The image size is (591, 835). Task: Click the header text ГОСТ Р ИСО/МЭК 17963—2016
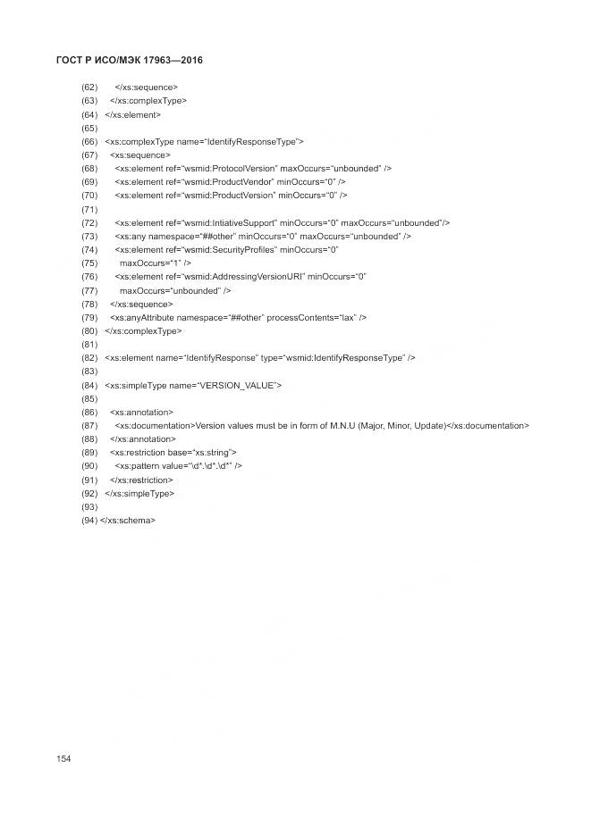(131, 60)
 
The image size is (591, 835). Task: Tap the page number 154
(63, 758)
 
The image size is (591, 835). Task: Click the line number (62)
(89, 88)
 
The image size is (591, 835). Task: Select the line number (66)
(89, 141)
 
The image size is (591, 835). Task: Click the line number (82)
(89, 357)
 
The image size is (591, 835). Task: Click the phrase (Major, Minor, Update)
(401, 425)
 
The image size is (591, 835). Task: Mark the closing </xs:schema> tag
(129, 520)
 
